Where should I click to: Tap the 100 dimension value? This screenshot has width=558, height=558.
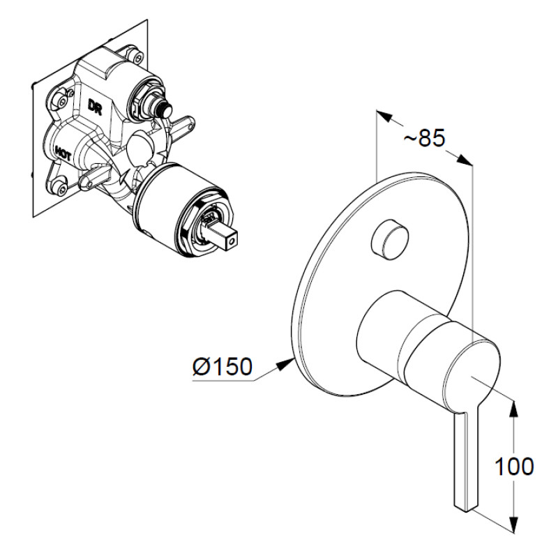click(514, 466)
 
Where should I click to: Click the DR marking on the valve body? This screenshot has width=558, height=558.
click(95, 107)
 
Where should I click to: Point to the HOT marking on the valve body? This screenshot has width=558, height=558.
click(63, 153)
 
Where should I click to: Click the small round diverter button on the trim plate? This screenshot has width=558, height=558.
click(390, 240)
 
